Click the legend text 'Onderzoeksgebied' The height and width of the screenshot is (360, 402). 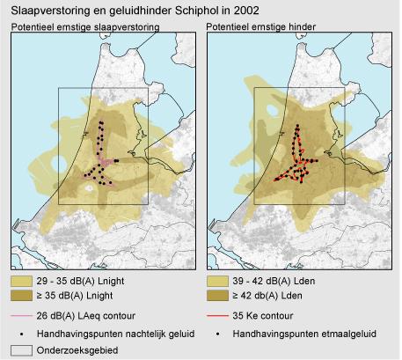(x=77, y=349)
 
